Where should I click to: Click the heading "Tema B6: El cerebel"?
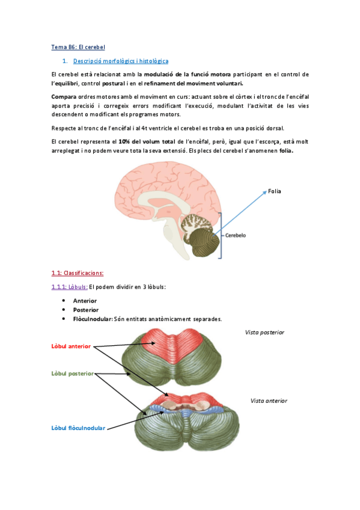78,47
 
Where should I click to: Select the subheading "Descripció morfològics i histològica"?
121,61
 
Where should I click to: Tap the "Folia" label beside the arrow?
275,191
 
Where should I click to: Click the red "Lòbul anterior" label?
71,346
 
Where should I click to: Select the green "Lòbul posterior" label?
72,373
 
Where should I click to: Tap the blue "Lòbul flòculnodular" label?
78,428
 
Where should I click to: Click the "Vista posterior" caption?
264,332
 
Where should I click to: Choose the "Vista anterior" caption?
269,401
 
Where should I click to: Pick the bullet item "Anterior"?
85,301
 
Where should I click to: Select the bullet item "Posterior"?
85,310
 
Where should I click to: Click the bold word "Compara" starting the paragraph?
64,96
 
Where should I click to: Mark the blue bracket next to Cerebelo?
221,235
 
